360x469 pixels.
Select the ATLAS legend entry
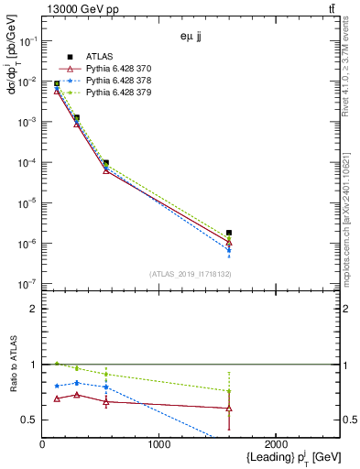[101, 56]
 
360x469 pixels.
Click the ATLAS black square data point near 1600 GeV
[229, 233]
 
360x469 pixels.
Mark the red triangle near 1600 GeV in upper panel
[229, 243]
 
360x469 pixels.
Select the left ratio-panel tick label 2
[33, 309]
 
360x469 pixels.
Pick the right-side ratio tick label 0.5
[350, 420]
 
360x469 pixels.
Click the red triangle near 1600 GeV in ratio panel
[229, 408]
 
